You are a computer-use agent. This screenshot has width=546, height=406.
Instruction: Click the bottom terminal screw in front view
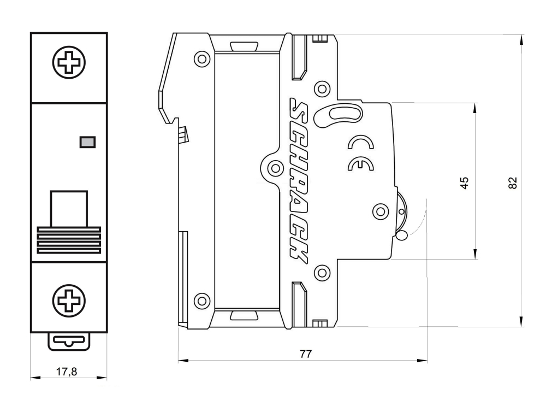coord(68,299)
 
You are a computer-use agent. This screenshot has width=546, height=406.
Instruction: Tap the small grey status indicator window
coord(87,142)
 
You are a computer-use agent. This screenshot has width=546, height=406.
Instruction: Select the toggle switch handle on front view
coord(68,209)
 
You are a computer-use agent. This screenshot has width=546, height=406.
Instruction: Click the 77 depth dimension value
coord(306,354)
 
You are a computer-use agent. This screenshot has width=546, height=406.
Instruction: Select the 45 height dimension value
coord(465,183)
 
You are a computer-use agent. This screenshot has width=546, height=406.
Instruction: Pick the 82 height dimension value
coord(512,183)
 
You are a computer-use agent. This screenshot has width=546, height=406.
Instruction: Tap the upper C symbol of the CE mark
coord(361,144)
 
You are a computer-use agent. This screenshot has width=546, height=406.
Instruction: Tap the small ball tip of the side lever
coord(402,236)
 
